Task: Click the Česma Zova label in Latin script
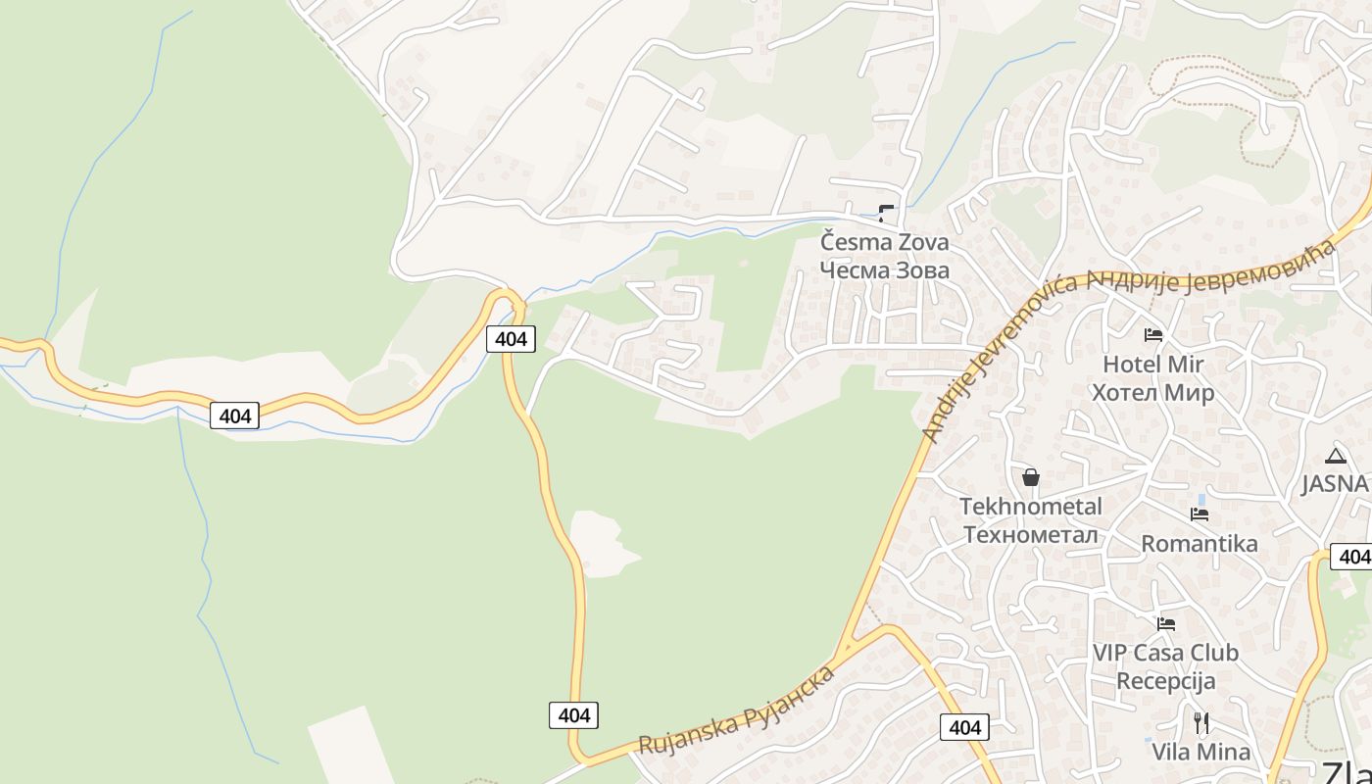[884, 241]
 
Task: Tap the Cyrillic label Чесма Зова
[884, 269]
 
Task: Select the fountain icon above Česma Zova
[886, 213]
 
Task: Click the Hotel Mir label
[1152, 365]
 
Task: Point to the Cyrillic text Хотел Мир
[1152, 393]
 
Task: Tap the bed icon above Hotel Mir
[1152, 335]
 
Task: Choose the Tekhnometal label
[1030, 507]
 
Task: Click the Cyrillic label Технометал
[1030, 534]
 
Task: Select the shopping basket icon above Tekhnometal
[1030, 477]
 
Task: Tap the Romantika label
[1199, 544]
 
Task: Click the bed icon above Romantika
[1199, 514]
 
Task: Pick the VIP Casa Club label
[1165, 653]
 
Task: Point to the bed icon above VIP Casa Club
[1165, 623]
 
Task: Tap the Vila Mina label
[1200, 753]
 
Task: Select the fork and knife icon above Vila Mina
[1200, 723]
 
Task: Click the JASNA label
[1335, 484]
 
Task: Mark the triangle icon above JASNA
[1335, 456]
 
